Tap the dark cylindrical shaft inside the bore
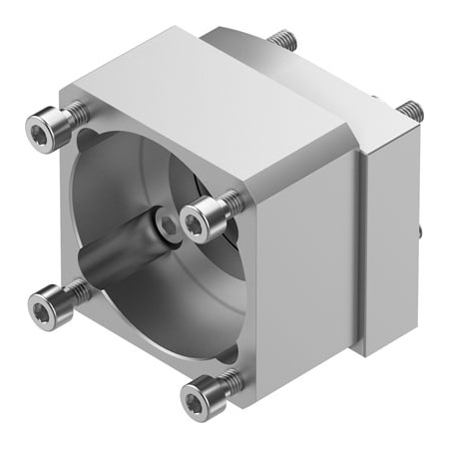tap(110, 261)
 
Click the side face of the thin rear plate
tap(389, 249)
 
